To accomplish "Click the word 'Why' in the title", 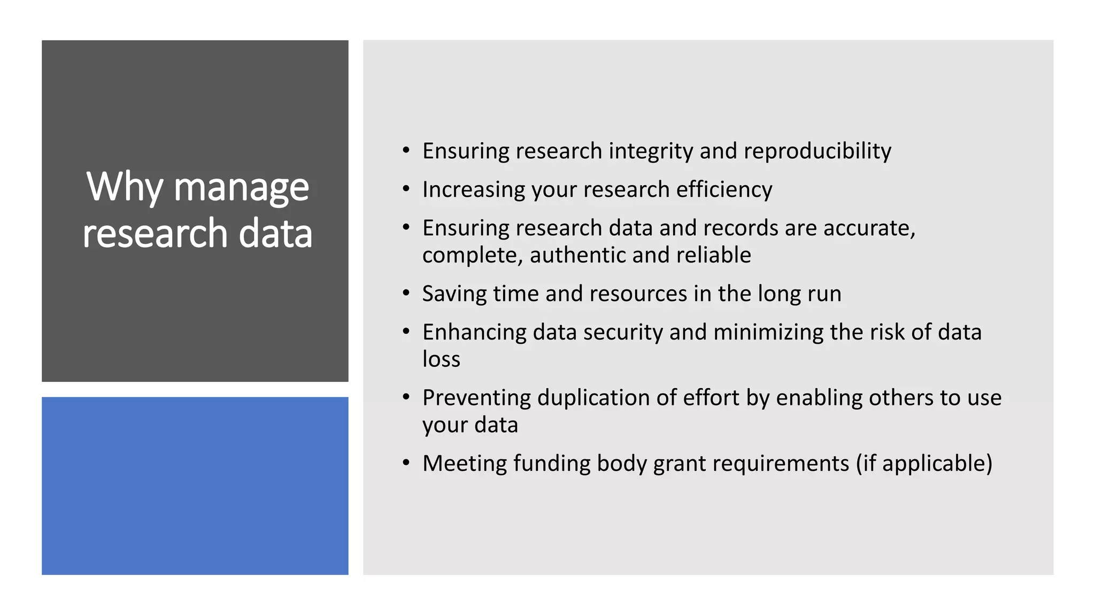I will [x=124, y=187].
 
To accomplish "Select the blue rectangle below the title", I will [x=195, y=486].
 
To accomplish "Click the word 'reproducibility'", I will [x=818, y=151].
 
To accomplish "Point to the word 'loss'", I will [x=441, y=359].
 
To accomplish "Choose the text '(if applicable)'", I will [x=924, y=463].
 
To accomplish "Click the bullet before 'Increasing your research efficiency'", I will [x=406, y=189].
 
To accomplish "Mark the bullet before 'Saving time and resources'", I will [x=406, y=294].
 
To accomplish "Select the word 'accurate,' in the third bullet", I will [x=869, y=228].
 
